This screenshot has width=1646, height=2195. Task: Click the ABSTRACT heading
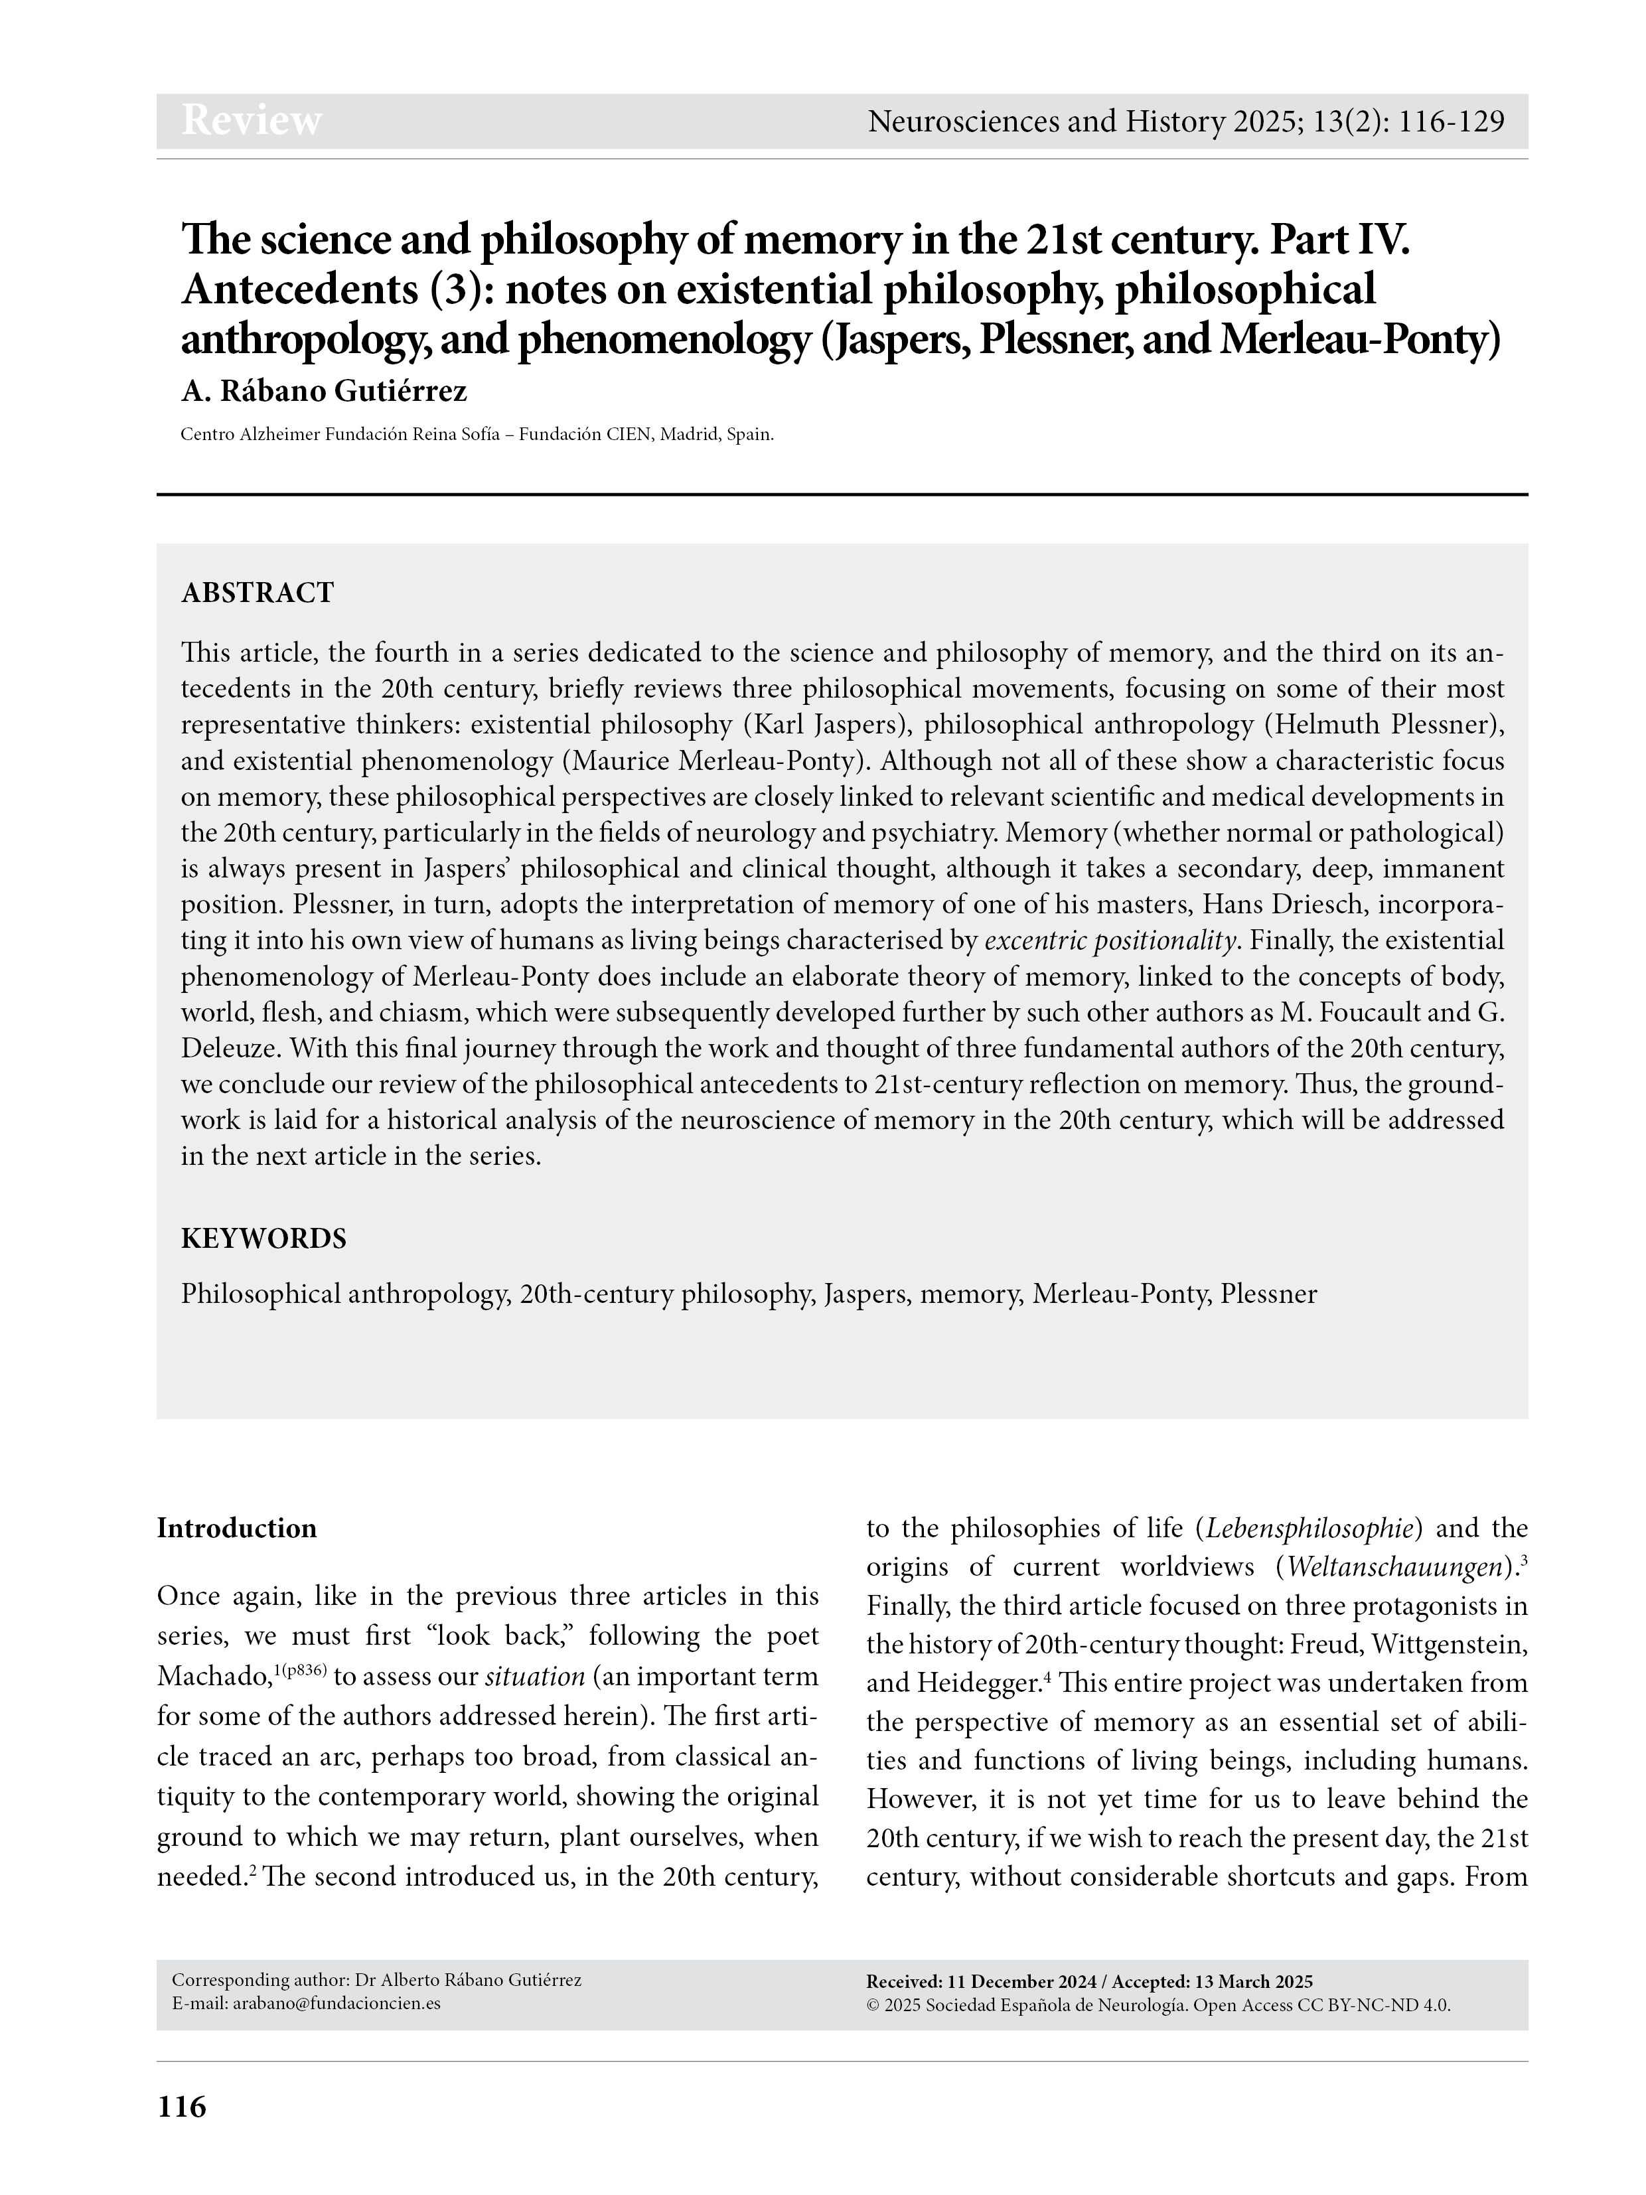[257, 593]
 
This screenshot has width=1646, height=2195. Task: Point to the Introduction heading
[236, 1528]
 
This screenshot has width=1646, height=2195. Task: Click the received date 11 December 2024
[1022, 1982]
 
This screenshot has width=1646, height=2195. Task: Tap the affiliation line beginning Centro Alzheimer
[477, 435]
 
